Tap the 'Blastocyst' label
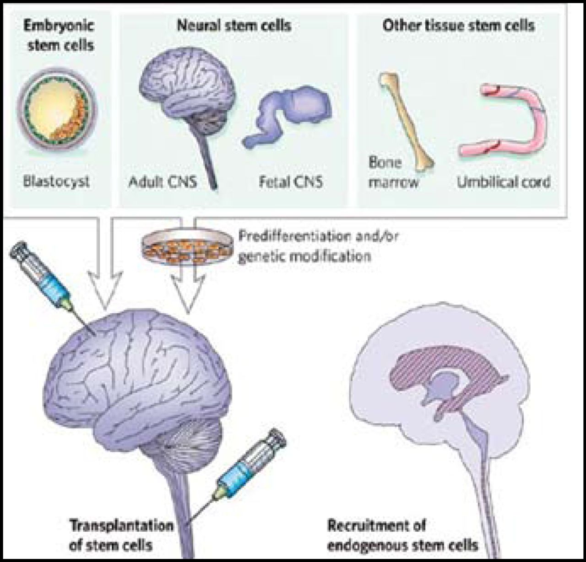pyautogui.click(x=56, y=182)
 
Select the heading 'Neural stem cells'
pyautogui.click(x=233, y=25)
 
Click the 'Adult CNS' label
pyautogui.click(x=163, y=182)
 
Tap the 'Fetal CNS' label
pyautogui.click(x=290, y=182)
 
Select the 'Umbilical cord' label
pyautogui.click(x=504, y=182)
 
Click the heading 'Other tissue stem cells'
pyautogui.click(x=458, y=25)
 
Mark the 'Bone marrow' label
pyautogui.click(x=394, y=172)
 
